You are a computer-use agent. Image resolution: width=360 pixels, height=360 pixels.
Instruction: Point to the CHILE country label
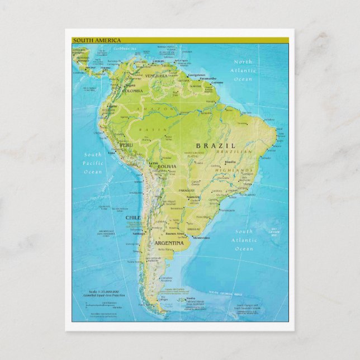pos(134,217)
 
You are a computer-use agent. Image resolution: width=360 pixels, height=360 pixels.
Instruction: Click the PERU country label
pos(127,144)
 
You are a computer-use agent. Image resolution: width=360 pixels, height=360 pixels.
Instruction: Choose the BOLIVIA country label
pos(167,167)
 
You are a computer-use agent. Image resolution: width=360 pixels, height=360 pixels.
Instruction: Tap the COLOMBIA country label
pos(132,91)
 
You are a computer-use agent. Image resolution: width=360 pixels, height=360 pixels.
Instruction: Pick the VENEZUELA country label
pos(156,76)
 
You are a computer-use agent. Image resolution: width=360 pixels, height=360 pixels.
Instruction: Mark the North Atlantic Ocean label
pos(243,70)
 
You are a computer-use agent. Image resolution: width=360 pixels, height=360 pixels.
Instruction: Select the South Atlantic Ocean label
pos(244,240)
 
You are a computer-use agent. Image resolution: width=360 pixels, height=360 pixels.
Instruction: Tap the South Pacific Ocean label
pos(93,163)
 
